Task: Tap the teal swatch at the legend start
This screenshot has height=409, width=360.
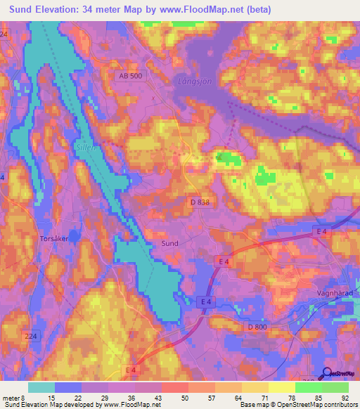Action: click(41, 387)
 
